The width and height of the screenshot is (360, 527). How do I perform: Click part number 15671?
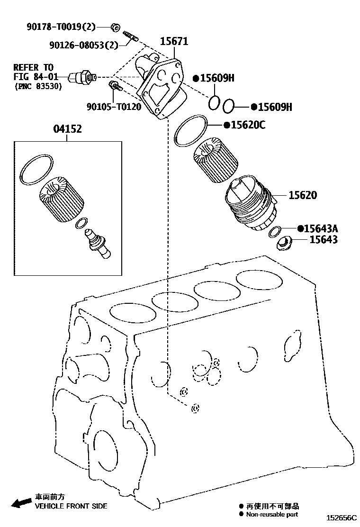pos(174,42)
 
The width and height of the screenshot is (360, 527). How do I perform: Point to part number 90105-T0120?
pos(114,107)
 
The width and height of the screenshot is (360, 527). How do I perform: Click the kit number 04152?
pos(67,128)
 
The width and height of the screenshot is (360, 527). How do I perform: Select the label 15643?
pos(324,240)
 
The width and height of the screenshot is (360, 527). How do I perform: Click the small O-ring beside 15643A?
pos(274,232)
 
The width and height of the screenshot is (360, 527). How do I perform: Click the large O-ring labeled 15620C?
pos(191,131)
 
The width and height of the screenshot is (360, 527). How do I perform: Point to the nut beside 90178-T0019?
pos(115,26)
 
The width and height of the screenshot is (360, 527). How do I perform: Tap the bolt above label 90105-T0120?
pos(115,86)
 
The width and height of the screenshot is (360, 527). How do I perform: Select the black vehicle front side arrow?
pos(21,502)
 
